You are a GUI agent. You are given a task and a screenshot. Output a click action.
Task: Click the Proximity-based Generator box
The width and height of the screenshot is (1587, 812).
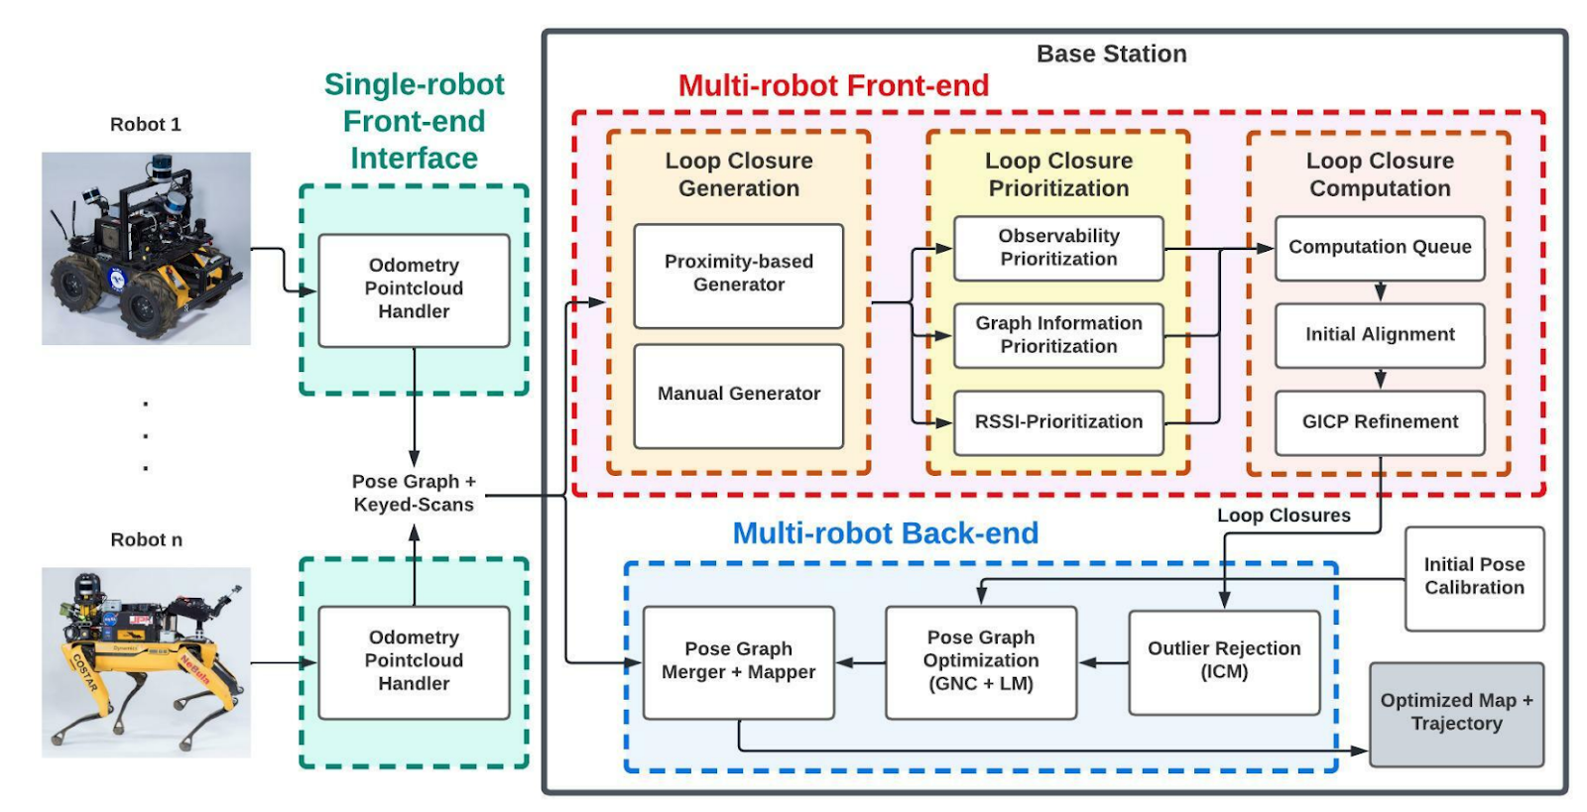(738, 276)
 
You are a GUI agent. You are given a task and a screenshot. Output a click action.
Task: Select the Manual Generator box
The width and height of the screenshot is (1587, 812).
(738, 397)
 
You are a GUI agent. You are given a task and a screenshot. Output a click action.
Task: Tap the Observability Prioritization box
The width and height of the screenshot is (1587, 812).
(1058, 249)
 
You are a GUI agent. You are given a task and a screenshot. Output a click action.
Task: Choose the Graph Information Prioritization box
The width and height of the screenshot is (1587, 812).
(1058, 335)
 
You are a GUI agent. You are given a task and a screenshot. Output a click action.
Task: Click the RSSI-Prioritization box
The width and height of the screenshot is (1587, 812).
(1058, 422)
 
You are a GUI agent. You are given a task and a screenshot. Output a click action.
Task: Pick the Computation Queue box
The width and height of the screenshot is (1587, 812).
(1380, 249)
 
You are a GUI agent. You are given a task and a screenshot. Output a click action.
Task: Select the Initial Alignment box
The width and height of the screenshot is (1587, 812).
(1380, 335)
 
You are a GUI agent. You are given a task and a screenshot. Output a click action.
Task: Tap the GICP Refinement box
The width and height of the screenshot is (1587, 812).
(1380, 422)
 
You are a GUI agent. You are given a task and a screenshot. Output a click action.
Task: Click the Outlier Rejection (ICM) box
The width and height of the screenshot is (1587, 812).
(1224, 662)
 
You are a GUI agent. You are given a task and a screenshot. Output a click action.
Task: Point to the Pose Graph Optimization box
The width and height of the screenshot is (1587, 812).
(981, 662)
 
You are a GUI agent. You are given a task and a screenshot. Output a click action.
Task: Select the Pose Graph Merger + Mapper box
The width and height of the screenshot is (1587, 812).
(738, 662)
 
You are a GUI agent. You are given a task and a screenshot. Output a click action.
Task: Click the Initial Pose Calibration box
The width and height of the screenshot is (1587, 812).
(1474, 578)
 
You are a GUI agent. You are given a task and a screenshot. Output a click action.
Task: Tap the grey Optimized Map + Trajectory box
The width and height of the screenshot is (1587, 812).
(1457, 714)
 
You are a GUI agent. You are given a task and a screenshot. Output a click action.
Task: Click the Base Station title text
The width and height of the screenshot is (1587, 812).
(1112, 54)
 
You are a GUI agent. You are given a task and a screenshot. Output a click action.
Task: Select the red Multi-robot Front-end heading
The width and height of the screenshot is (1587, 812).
(833, 85)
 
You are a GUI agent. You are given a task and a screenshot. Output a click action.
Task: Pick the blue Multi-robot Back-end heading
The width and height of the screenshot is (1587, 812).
(886, 533)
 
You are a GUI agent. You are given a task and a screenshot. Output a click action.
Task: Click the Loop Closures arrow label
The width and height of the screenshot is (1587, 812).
(1283, 516)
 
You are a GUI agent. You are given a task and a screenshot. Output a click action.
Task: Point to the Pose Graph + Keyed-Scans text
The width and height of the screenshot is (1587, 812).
(414, 493)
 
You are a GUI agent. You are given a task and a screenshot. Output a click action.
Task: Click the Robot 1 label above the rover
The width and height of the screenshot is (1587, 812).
(145, 125)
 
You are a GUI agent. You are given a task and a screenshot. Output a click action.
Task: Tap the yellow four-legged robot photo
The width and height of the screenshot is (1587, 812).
(146, 662)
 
